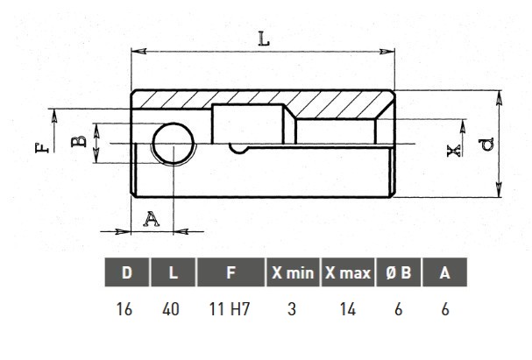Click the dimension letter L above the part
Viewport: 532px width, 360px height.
click(264, 39)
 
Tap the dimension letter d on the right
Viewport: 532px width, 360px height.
click(487, 145)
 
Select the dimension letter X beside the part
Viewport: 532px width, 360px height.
click(454, 151)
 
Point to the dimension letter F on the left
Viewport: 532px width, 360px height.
click(42, 148)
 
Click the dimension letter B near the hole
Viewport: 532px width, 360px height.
click(79, 141)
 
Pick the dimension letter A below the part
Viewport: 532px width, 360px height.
click(151, 219)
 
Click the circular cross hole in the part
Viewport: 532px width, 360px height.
click(173, 144)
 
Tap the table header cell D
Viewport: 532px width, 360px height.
click(127, 272)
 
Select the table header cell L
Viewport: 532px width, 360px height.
click(173, 272)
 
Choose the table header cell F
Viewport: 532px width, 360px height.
click(231, 272)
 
